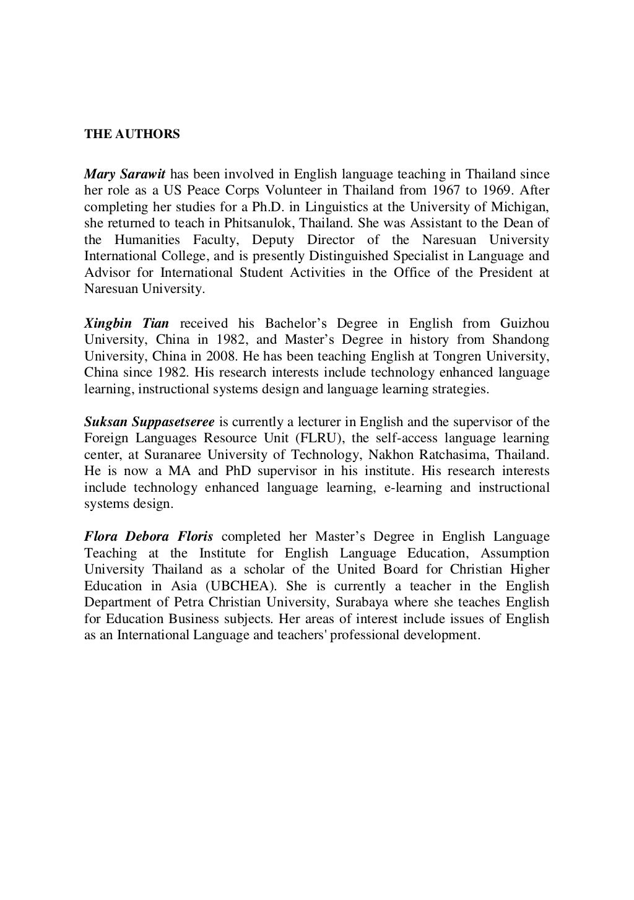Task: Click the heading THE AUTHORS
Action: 132,134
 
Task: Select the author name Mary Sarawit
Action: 124,174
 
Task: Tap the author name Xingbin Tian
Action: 126,323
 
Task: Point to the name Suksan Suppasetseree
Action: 149,422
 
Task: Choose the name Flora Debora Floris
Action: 149,536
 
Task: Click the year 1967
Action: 464,190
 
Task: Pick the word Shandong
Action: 521,339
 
